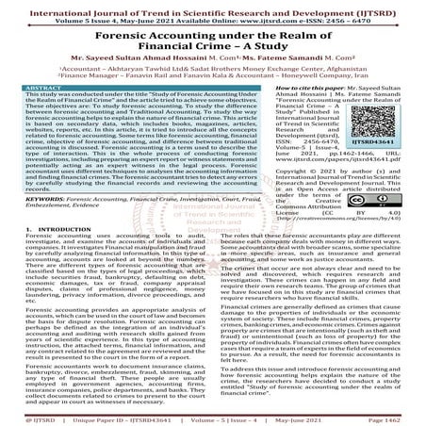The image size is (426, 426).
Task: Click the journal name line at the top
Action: click(212, 7)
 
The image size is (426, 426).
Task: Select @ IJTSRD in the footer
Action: click(22, 415)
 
